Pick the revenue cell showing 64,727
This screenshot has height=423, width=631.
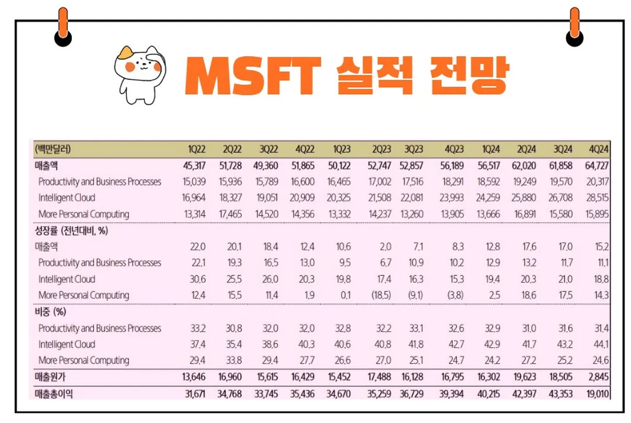tap(597, 166)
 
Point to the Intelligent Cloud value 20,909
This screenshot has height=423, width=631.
tap(303, 198)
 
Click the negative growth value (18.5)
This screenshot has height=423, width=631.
tap(380, 295)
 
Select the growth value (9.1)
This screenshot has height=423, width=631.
tap(415, 295)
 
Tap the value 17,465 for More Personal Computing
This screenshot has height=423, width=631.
tap(231, 214)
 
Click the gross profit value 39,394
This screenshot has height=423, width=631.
tap(452, 394)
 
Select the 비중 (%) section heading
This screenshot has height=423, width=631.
tap(50, 312)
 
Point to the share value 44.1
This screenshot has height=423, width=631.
tap(601, 344)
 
